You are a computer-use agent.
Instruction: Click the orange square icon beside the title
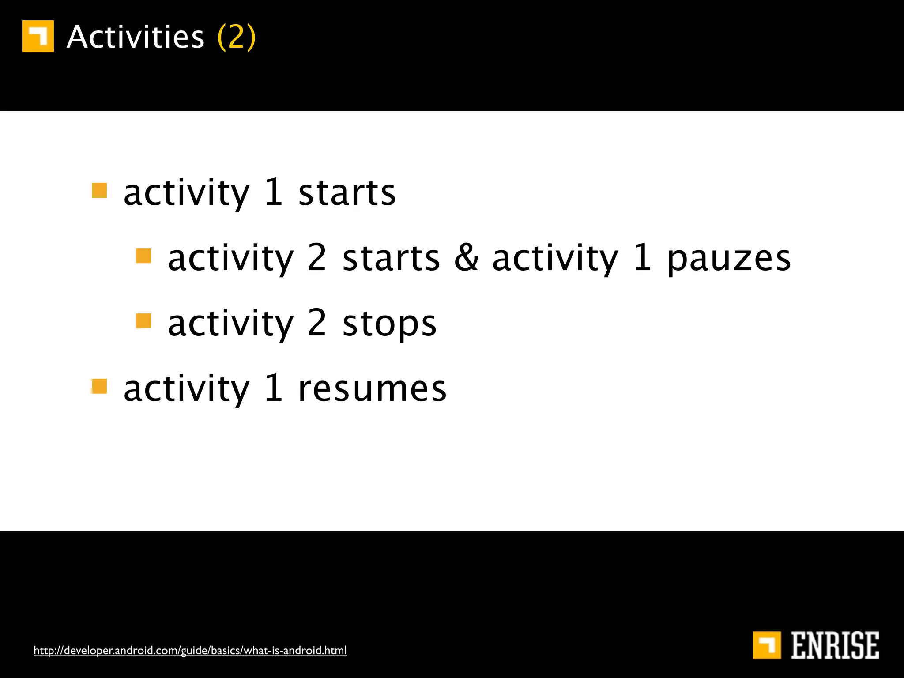click(x=38, y=36)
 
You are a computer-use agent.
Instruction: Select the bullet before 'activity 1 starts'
click(x=99, y=191)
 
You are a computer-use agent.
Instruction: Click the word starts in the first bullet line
click(x=347, y=193)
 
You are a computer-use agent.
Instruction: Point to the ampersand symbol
click(x=466, y=258)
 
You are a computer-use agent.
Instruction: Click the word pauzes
click(x=728, y=260)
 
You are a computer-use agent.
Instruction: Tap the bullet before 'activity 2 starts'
click(x=143, y=256)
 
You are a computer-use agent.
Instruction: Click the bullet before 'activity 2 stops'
click(x=143, y=321)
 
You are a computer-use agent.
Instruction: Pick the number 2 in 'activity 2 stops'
click(x=316, y=323)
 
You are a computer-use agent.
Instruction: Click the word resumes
click(x=372, y=389)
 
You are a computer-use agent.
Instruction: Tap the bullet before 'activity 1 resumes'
click(x=99, y=386)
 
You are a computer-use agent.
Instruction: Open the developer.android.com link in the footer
click(x=190, y=650)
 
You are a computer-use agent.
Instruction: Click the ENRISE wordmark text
click(x=834, y=645)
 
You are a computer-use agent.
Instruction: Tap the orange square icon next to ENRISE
click(x=767, y=645)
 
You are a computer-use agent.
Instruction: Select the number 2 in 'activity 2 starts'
click(x=316, y=258)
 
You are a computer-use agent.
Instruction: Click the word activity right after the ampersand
click(x=555, y=260)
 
